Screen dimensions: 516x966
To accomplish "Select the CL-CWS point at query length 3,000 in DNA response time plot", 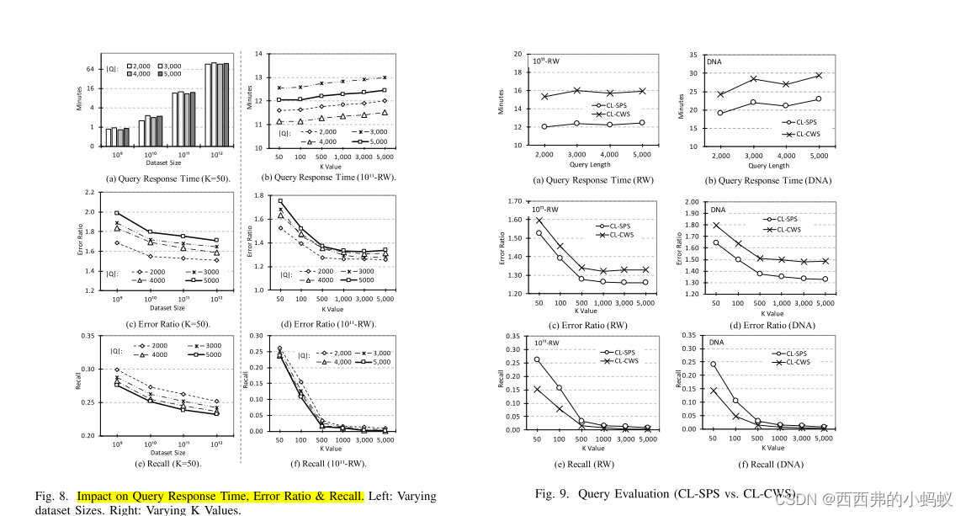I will point(752,79).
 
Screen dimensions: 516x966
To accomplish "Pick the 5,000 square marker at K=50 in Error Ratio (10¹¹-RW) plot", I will point(280,201).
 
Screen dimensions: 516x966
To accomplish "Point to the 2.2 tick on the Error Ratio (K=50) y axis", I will point(88,193).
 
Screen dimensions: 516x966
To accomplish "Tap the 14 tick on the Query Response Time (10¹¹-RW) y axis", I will point(258,55).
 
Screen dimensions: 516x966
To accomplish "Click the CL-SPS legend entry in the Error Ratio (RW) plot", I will point(621,226).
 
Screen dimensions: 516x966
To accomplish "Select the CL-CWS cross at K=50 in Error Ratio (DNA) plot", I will point(717,225).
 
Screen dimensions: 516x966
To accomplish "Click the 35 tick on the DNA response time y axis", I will point(693,55).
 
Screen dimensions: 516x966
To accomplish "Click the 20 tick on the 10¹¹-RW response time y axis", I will point(517,55).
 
